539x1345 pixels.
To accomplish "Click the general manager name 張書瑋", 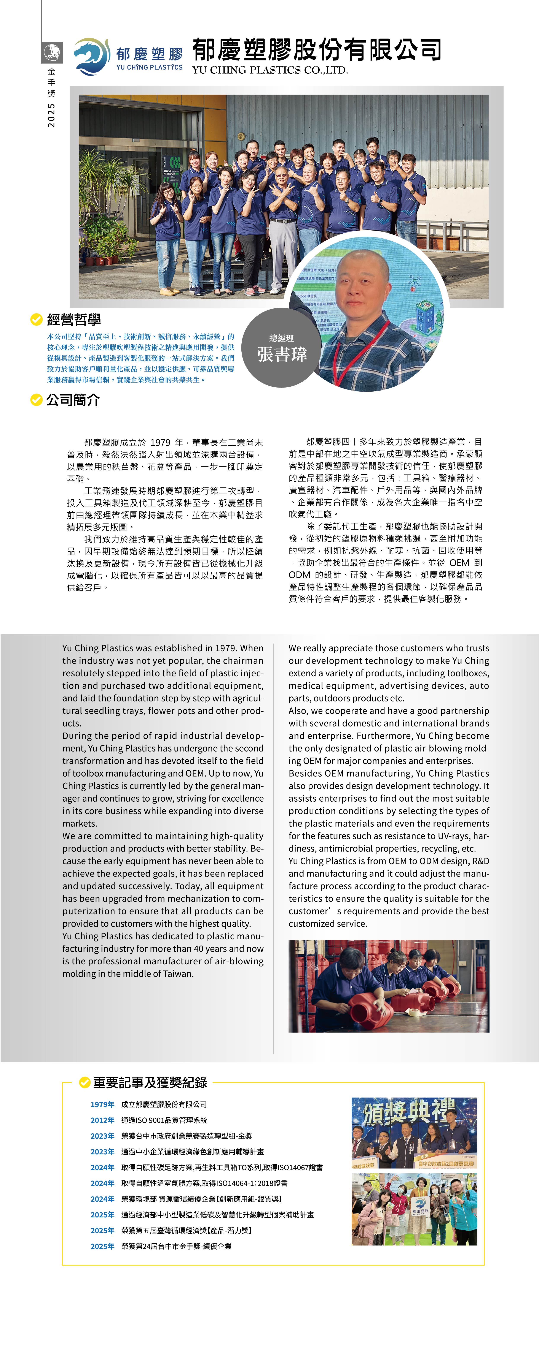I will [282, 354].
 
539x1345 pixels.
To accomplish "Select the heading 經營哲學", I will [74, 320].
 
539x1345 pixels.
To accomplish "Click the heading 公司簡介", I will [73, 400].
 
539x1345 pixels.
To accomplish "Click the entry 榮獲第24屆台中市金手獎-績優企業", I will [176, 1246].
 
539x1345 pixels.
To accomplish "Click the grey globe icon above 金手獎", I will [52, 52].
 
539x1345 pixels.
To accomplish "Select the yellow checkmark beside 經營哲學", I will [36, 319].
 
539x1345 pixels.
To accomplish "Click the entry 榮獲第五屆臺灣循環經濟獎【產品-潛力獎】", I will [186, 1231].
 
